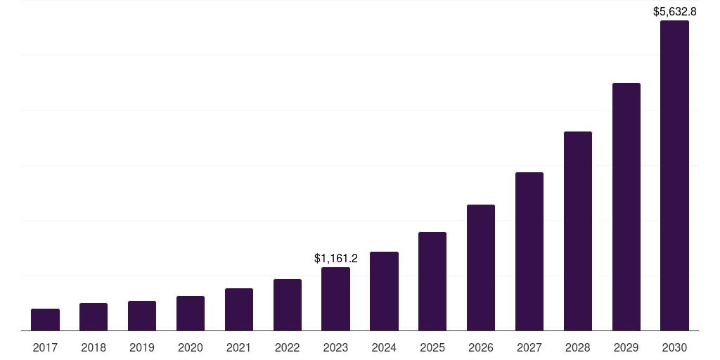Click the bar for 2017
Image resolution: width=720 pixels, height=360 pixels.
tap(45, 320)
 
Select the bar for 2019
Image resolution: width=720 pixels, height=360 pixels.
tap(142, 316)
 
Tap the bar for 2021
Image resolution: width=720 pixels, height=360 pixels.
tap(239, 309)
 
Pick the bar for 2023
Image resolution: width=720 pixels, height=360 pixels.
tap(335, 299)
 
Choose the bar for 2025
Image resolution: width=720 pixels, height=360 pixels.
tap(432, 281)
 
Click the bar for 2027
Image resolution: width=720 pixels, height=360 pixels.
tap(529, 251)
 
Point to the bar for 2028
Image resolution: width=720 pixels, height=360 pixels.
tap(578, 231)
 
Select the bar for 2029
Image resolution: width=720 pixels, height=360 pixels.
tap(626, 207)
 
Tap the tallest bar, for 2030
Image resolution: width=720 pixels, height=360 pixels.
tap(674, 176)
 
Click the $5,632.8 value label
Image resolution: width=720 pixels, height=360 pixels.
tap(674, 11)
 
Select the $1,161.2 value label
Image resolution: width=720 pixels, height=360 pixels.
tap(335, 258)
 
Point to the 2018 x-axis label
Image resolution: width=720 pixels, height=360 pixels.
tap(94, 347)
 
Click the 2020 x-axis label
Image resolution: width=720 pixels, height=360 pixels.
tap(191, 347)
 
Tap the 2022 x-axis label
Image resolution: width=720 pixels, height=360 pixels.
tap(288, 347)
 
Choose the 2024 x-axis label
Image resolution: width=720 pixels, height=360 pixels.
tap(384, 347)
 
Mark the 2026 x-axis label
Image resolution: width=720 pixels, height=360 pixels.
tap(481, 347)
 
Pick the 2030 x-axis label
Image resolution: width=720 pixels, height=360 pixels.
tap(674, 347)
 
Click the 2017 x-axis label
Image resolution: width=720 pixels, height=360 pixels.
tap(45, 347)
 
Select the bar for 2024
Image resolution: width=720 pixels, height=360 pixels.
tap(384, 291)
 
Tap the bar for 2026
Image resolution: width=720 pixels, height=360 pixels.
tap(481, 267)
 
